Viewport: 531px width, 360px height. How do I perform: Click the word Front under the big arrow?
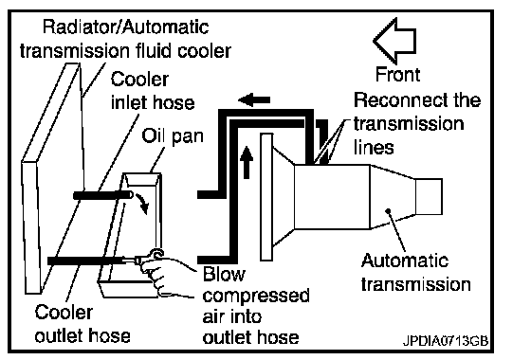click(398, 74)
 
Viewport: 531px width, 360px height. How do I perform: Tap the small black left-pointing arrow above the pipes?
click(254, 99)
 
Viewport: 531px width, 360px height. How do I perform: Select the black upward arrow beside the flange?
click(247, 162)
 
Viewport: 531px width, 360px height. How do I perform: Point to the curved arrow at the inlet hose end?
click(142, 204)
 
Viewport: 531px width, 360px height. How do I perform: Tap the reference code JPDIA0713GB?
click(446, 340)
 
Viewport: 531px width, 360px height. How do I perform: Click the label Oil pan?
click(173, 136)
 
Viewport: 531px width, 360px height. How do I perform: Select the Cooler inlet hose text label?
click(153, 91)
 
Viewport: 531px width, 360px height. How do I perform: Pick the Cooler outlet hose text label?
click(82, 324)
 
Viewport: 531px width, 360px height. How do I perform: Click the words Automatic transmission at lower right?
click(416, 273)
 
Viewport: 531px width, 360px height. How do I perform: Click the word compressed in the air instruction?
click(256, 296)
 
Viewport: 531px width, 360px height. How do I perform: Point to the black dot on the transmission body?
click(388, 210)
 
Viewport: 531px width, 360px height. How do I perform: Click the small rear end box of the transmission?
click(429, 197)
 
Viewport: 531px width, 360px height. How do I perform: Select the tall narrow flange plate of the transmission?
click(266, 197)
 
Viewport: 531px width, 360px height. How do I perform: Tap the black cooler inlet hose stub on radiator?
click(103, 195)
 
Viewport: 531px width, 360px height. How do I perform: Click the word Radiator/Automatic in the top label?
click(125, 27)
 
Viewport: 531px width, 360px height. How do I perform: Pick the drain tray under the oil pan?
click(129, 289)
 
